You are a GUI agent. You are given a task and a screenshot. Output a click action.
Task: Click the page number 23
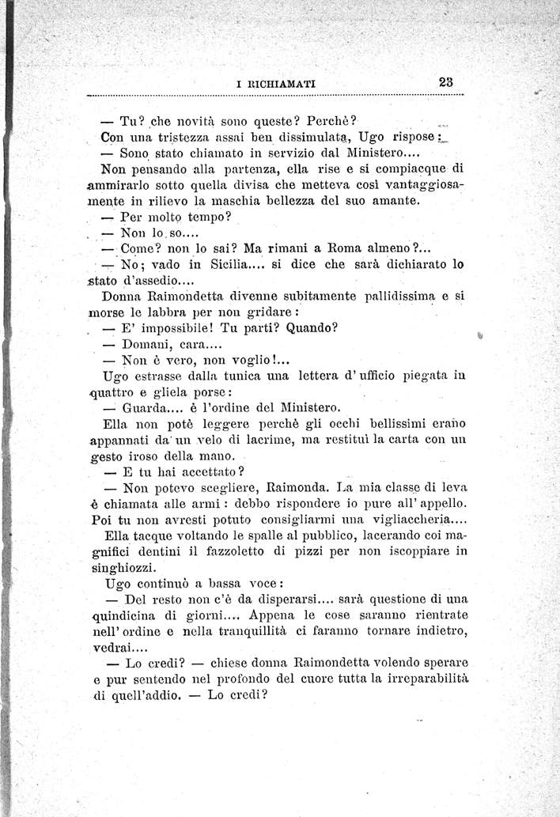coord(443,80)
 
